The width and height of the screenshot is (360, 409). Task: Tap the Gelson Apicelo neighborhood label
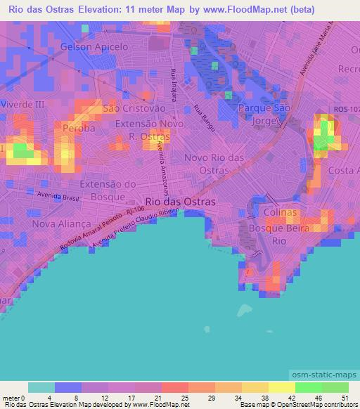pos(94,46)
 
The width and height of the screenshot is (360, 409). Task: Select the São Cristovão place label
pos(134,109)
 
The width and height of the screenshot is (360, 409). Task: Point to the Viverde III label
pos(22,103)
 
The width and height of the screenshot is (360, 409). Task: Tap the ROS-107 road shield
pos(345,108)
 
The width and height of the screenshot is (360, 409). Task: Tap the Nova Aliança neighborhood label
pos(58,223)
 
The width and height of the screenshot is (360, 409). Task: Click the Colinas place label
pos(280,212)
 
